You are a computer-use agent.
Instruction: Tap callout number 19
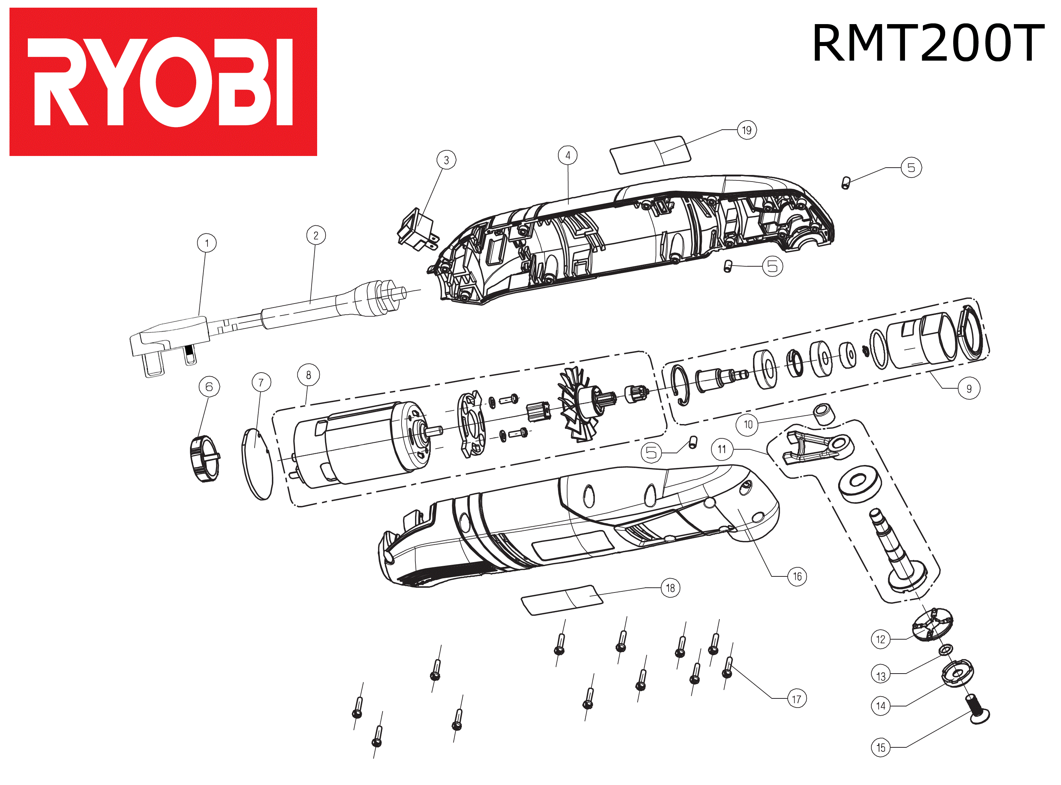tap(746, 130)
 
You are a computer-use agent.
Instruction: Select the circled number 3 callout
tap(446, 160)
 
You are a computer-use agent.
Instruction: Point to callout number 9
tap(969, 389)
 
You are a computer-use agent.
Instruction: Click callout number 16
tap(797, 576)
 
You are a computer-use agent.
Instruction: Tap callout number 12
tap(881, 639)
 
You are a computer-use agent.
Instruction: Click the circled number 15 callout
tap(881, 747)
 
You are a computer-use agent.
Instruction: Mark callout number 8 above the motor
tap(308, 375)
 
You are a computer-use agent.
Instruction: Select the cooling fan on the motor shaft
tap(577, 404)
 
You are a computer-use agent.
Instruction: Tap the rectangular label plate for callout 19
tap(650, 155)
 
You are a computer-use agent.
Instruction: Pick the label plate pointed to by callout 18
tap(562, 600)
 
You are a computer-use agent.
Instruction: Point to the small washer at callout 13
tap(946, 649)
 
